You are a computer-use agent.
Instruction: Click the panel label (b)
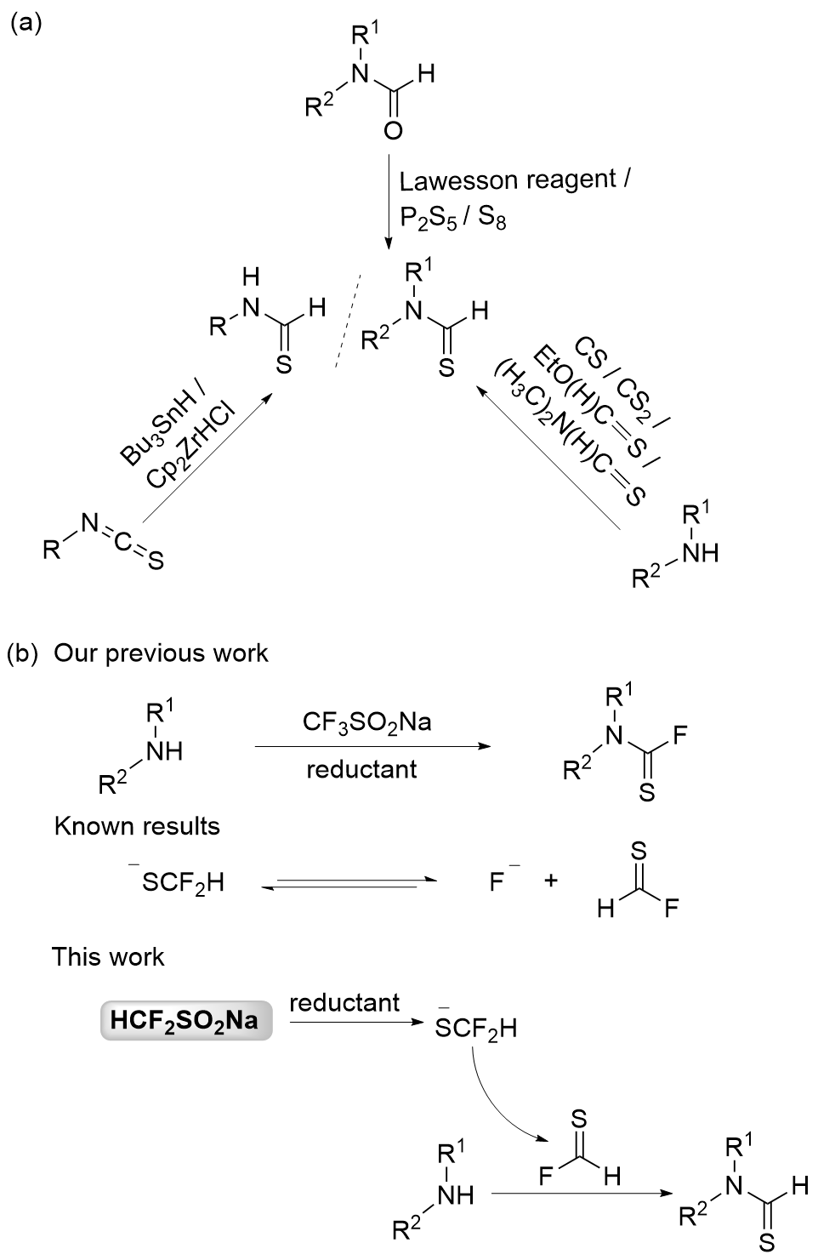23,653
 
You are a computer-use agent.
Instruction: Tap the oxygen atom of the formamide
393,129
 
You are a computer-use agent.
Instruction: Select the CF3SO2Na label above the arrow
366,722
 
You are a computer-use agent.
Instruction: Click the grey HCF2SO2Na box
186,1019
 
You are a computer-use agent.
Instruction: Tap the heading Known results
137,826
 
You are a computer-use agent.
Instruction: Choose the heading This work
108,956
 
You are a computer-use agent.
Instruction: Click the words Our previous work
162,653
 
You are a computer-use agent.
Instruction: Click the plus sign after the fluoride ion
551,881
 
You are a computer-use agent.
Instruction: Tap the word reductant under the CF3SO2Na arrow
361,769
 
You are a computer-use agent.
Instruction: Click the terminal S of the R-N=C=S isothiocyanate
156,562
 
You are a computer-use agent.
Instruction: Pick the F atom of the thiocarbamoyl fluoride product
680,735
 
